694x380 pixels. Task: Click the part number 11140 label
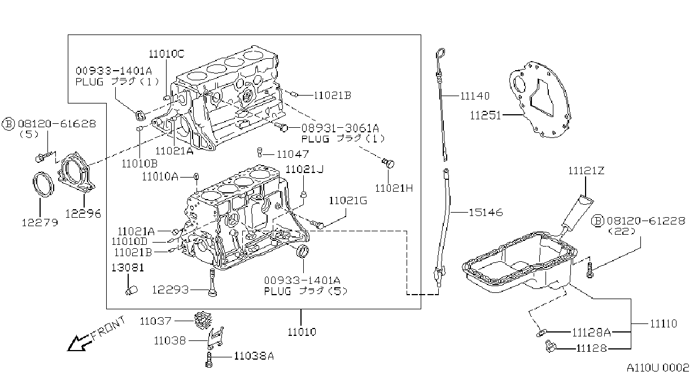[x=475, y=96]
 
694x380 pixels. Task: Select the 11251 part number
[x=485, y=115]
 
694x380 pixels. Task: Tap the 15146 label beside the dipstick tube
[x=486, y=213]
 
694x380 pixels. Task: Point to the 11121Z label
[x=586, y=171]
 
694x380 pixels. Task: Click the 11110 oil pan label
[x=664, y=323]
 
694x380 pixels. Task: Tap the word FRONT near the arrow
[x=108, y=327]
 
